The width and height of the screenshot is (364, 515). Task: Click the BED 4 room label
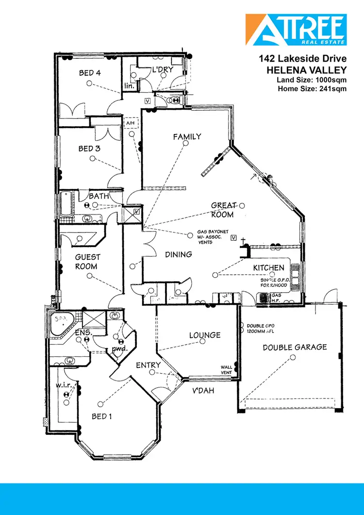[x=90, y=73]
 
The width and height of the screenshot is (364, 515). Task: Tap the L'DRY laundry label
[x=163, y=70]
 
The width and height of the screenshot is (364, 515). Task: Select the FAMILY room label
[x=187, y=137]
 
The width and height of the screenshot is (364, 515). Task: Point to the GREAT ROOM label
[x=223, y=210]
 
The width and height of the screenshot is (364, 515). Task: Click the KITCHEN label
[x=268, y=268]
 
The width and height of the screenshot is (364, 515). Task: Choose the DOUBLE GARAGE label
[x=295, y=347]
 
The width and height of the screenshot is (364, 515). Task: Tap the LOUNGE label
[x=205, y=335]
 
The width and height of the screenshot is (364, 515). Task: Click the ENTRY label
[x=148, y=365]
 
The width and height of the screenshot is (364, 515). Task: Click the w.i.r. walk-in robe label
[x=64, y=385]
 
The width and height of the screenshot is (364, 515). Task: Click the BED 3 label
[x=89, y=149]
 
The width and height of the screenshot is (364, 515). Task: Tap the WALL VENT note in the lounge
[x=227, y=370]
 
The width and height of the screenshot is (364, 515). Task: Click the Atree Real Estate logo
[x=296, y=30]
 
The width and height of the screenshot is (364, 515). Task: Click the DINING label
[x=178, y=254]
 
